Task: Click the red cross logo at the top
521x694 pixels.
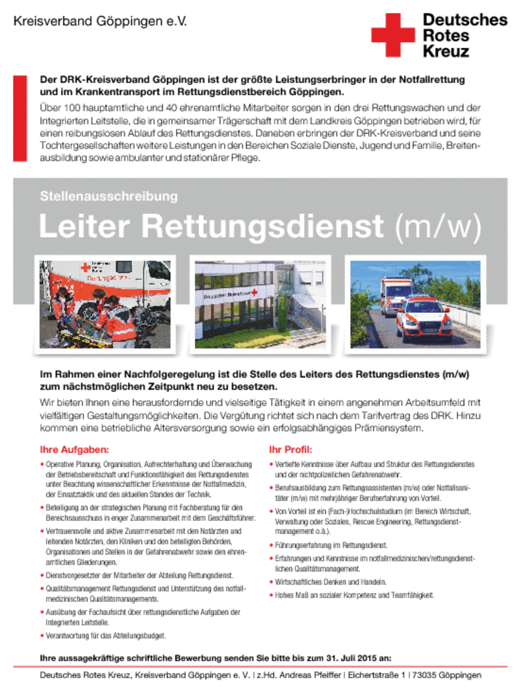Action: [x=393, y=35]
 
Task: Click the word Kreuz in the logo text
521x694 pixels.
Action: [x=446, y=52]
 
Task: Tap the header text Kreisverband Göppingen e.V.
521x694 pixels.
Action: [x=100, y=22]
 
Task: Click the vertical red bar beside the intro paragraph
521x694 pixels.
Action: [x=20, y=118]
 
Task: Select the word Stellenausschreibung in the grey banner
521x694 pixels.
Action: [x=109, y=196]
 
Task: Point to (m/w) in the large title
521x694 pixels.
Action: [x=437, y=226]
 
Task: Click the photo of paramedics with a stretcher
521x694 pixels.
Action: [x=105, y=304]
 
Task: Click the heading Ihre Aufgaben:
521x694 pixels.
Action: [x=74, y=449]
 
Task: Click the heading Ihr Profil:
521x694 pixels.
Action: [x=290, y=449]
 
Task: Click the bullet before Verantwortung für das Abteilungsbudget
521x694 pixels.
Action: [x=42, y=635]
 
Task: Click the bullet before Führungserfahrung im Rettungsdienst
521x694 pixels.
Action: [x=271, y=545]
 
